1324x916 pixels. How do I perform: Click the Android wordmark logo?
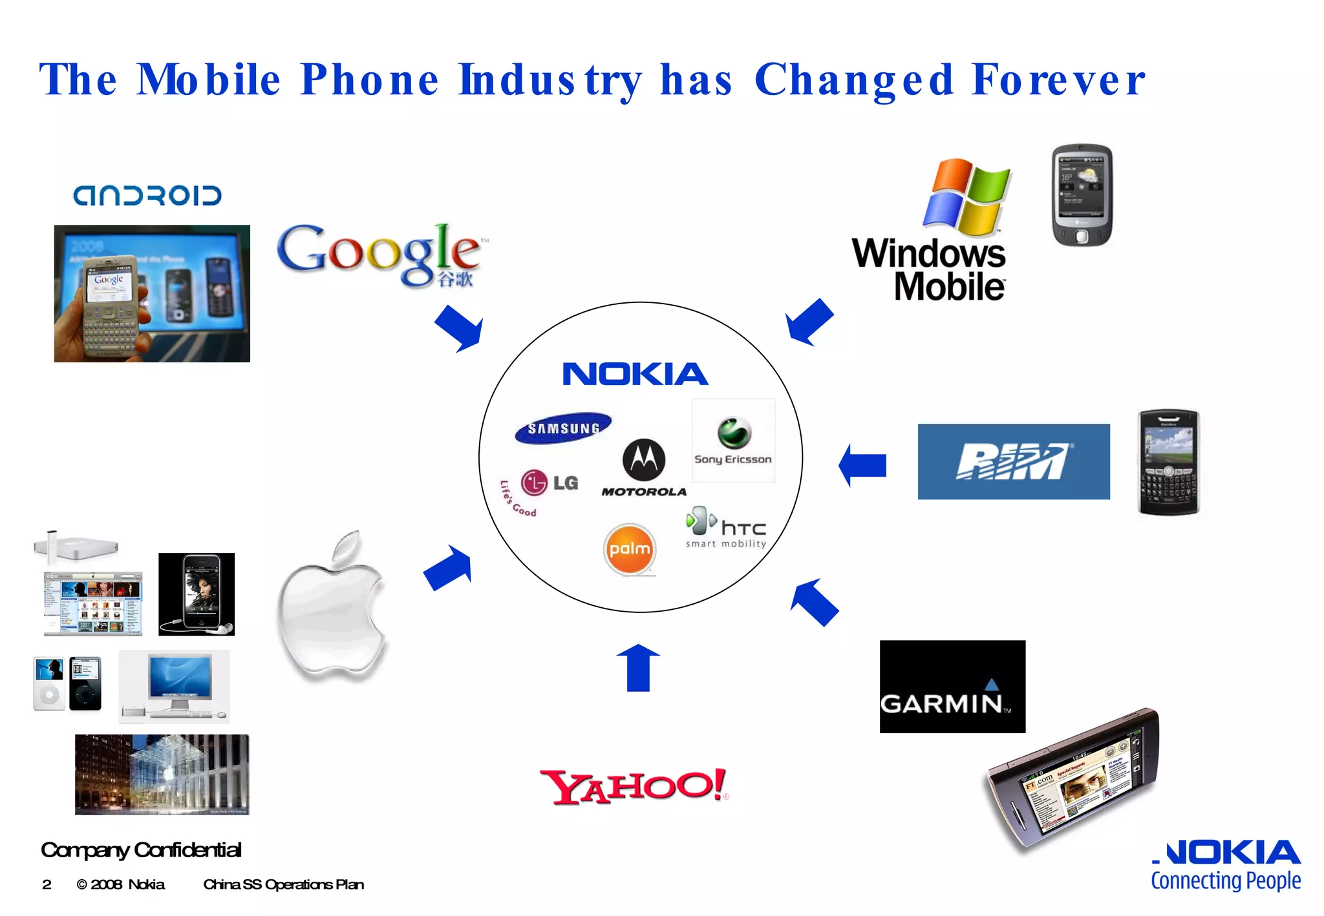click(147, 195)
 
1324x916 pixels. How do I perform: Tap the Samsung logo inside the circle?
click(563, 428)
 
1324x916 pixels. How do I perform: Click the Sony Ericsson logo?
click(733, 441)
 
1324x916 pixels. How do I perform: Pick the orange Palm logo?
click(630, 549)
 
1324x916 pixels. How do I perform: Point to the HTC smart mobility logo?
click(727, 528)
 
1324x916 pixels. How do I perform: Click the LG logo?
click(548, 483)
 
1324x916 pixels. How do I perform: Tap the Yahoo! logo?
click(634, 787)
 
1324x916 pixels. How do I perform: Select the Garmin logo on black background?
click(952, 687)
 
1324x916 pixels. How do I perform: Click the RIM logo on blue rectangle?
click(1013, 461)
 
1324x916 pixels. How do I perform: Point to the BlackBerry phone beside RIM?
click(1168, 462)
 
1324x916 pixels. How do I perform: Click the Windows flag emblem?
click(966, 196)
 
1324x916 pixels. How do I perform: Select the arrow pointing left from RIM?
click(862, 465)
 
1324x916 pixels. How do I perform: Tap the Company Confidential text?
click(141, 849)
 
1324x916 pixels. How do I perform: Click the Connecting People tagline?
click(1225, 880)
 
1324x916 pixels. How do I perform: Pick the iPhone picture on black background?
click(197, 594)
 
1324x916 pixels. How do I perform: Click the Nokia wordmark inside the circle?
click(635, 374)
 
